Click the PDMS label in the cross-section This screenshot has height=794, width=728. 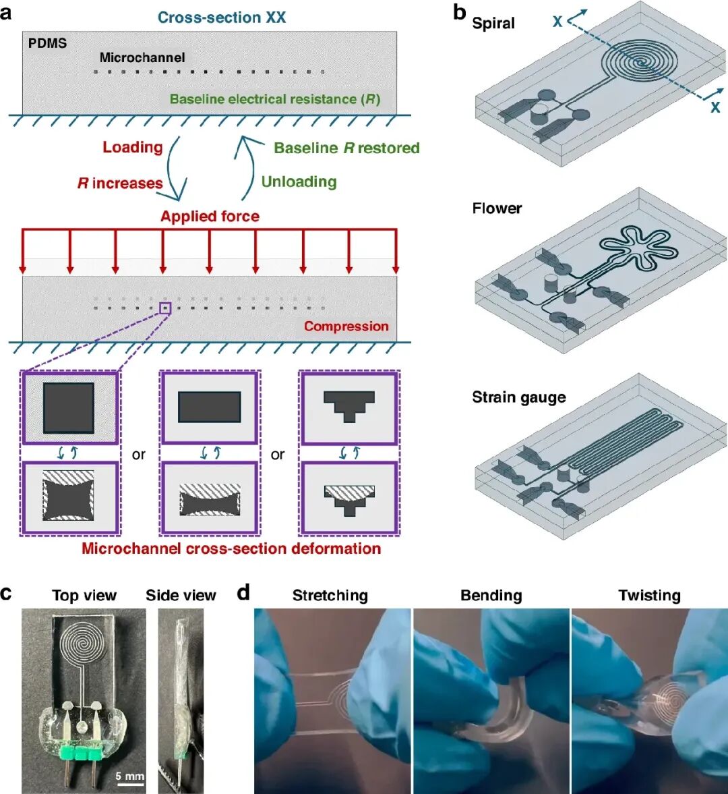click(x=48, y=43)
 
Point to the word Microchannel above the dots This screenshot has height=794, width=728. click(x=142, y=58)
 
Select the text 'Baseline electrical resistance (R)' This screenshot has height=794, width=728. click(x=275, y=98)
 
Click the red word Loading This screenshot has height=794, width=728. click(x=133, y=147)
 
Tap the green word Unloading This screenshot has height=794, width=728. click(x=299, y=181)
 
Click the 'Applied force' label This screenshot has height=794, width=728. click(x=210, y=217)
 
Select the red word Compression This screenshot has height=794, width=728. click(x=346, y=326)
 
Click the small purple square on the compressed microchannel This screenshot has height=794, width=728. click(x=165, y=308)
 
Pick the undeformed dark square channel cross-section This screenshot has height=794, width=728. click(x=69, y=408)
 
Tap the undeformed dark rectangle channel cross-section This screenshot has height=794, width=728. click(x=210, y=407)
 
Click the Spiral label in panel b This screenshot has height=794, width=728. click(x=493, y=24)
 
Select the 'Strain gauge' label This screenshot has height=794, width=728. click(x=519, y=397)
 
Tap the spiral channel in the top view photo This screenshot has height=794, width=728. click(x=84, y=642)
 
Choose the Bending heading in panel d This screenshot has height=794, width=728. click(x=491, y=596)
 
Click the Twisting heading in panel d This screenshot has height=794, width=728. click(x=650, y=596)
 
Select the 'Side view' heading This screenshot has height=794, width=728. click(x=181, y=596)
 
